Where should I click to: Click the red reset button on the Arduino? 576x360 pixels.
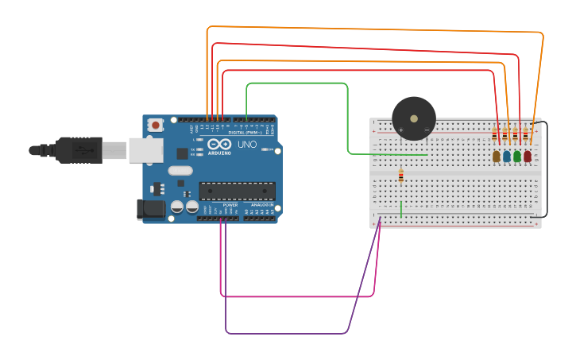(x=156, y=125)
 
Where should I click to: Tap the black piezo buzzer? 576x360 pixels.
(x=414, y=118)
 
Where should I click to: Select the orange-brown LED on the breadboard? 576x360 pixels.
(x=497, y=157)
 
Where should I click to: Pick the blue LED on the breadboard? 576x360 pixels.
(x=507, y=157)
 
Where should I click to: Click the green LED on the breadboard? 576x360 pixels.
(x=517, y=157)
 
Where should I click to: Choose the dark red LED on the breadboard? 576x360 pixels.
(x=528, y=157)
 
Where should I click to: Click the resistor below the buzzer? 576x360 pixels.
(x=400, y=176)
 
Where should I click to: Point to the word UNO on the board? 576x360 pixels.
(x=247, y=145)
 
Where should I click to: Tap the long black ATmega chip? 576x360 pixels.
(x=237, y=191)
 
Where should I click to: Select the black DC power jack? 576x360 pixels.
(x=151, y=209)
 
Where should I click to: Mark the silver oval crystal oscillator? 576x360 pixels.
(x=180, y=170)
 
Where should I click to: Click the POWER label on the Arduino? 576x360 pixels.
(x=230, y=204)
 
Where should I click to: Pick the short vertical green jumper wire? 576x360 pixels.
(x=401, y=209)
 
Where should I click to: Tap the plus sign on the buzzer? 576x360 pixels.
(x=401, y=130)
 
